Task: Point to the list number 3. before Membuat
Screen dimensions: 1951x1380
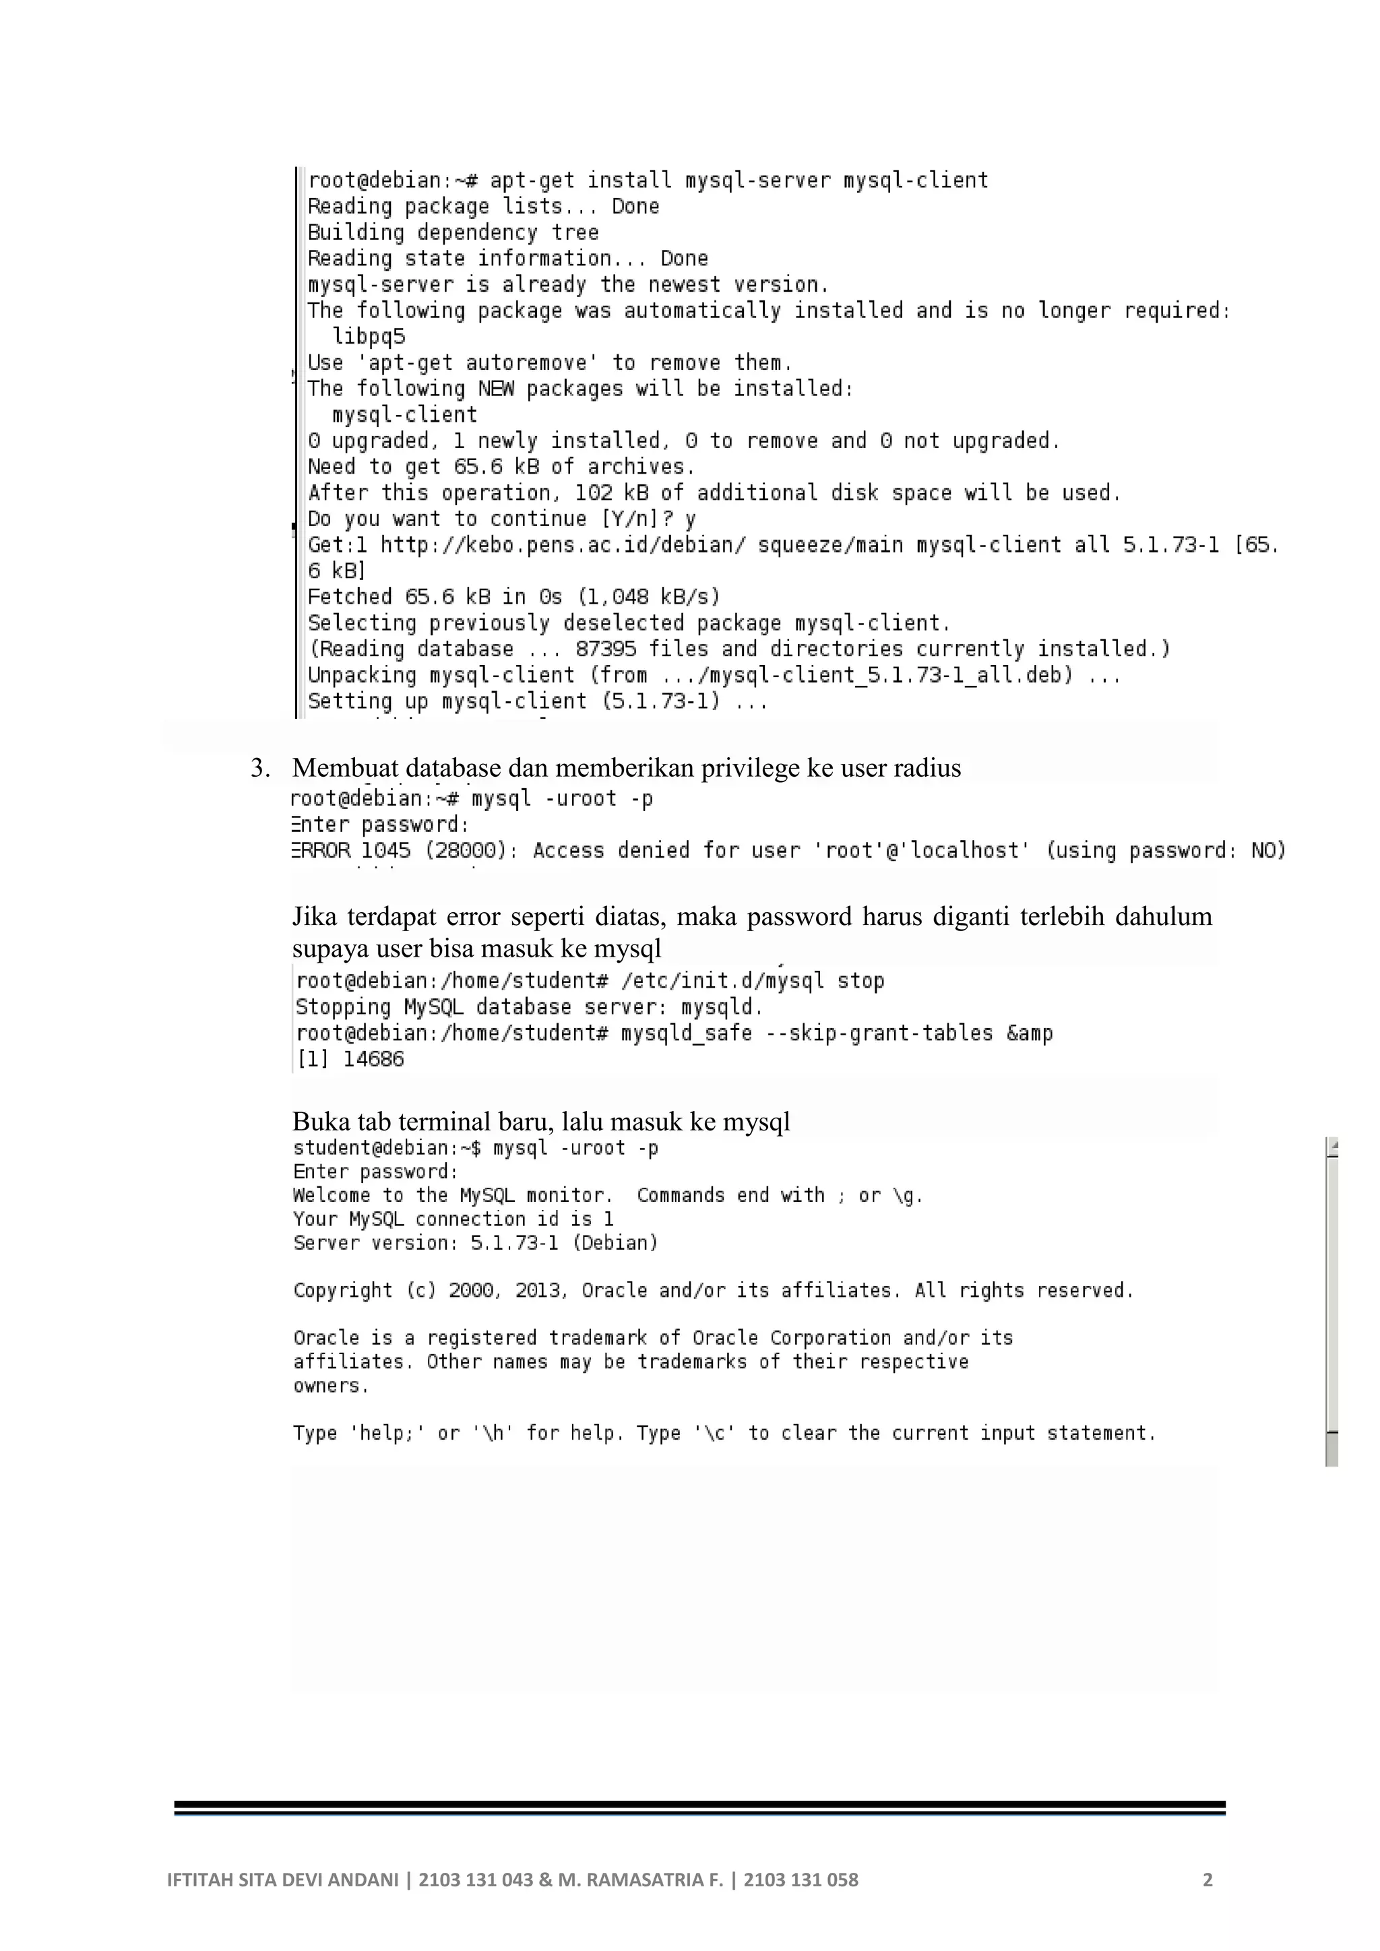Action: (x=260, y=768)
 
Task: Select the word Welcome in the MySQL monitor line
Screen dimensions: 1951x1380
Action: (x=331, y=1196)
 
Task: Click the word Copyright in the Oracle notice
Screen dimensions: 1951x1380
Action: (x=342, y=1291)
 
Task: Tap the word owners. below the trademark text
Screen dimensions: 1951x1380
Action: (x=332, y=1386)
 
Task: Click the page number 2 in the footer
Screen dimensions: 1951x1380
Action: (x=1207, y=1880)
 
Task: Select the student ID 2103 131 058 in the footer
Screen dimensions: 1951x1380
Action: (x=801, y=1880)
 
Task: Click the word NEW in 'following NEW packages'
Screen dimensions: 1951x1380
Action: (x=495, y=389)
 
